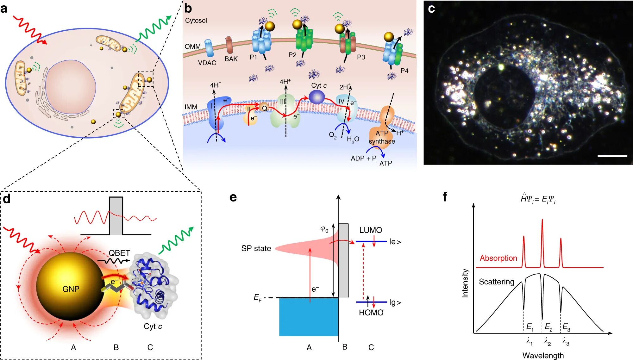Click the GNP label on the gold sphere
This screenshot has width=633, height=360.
71,289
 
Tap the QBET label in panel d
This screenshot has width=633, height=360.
119,253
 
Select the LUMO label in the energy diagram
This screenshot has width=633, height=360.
370,230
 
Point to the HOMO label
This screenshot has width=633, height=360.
371,313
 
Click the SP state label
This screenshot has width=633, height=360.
256,248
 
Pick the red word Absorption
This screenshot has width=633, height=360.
498,258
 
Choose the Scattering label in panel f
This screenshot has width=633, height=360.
496,282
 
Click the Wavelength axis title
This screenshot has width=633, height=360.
543,355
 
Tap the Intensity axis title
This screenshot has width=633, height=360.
465,283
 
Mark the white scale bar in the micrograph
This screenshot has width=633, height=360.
612,156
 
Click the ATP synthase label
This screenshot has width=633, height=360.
382,137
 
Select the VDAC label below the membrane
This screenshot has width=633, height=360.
207,63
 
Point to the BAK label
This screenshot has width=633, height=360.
231,59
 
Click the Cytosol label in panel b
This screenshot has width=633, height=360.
196,21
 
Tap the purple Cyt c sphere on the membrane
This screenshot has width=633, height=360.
316,97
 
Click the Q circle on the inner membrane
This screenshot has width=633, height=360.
264,108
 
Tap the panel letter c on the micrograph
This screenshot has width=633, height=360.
431,9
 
